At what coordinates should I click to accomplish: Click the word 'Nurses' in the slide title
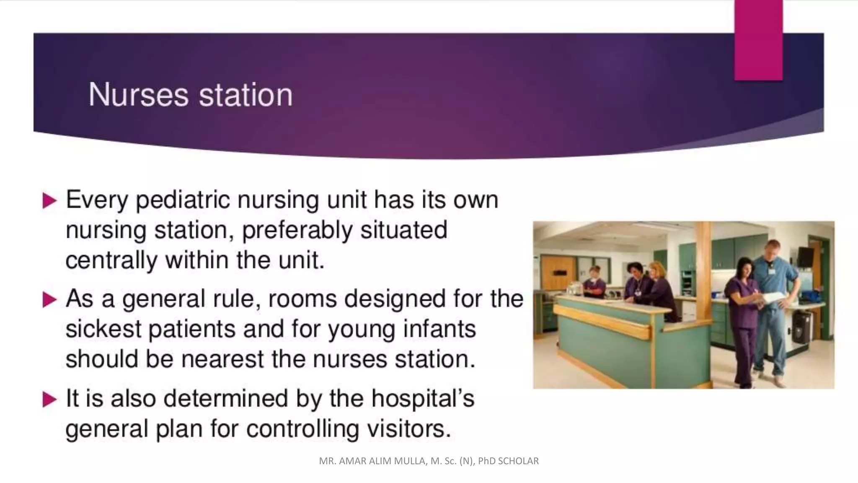click(138, 95)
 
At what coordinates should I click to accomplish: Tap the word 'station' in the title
click(246, 95)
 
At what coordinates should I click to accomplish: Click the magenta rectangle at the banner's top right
click(758, 40)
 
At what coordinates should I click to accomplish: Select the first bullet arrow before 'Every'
click(49, 201)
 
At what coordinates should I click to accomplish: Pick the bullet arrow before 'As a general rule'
click(49, 300)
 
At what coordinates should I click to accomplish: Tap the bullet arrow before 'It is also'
click(49, 400)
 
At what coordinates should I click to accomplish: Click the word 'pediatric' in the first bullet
click(183, 200)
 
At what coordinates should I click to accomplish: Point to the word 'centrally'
click(111, 260)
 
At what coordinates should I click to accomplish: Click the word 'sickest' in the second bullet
click(103, 330)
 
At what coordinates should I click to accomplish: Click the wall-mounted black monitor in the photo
click(805, 256)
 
